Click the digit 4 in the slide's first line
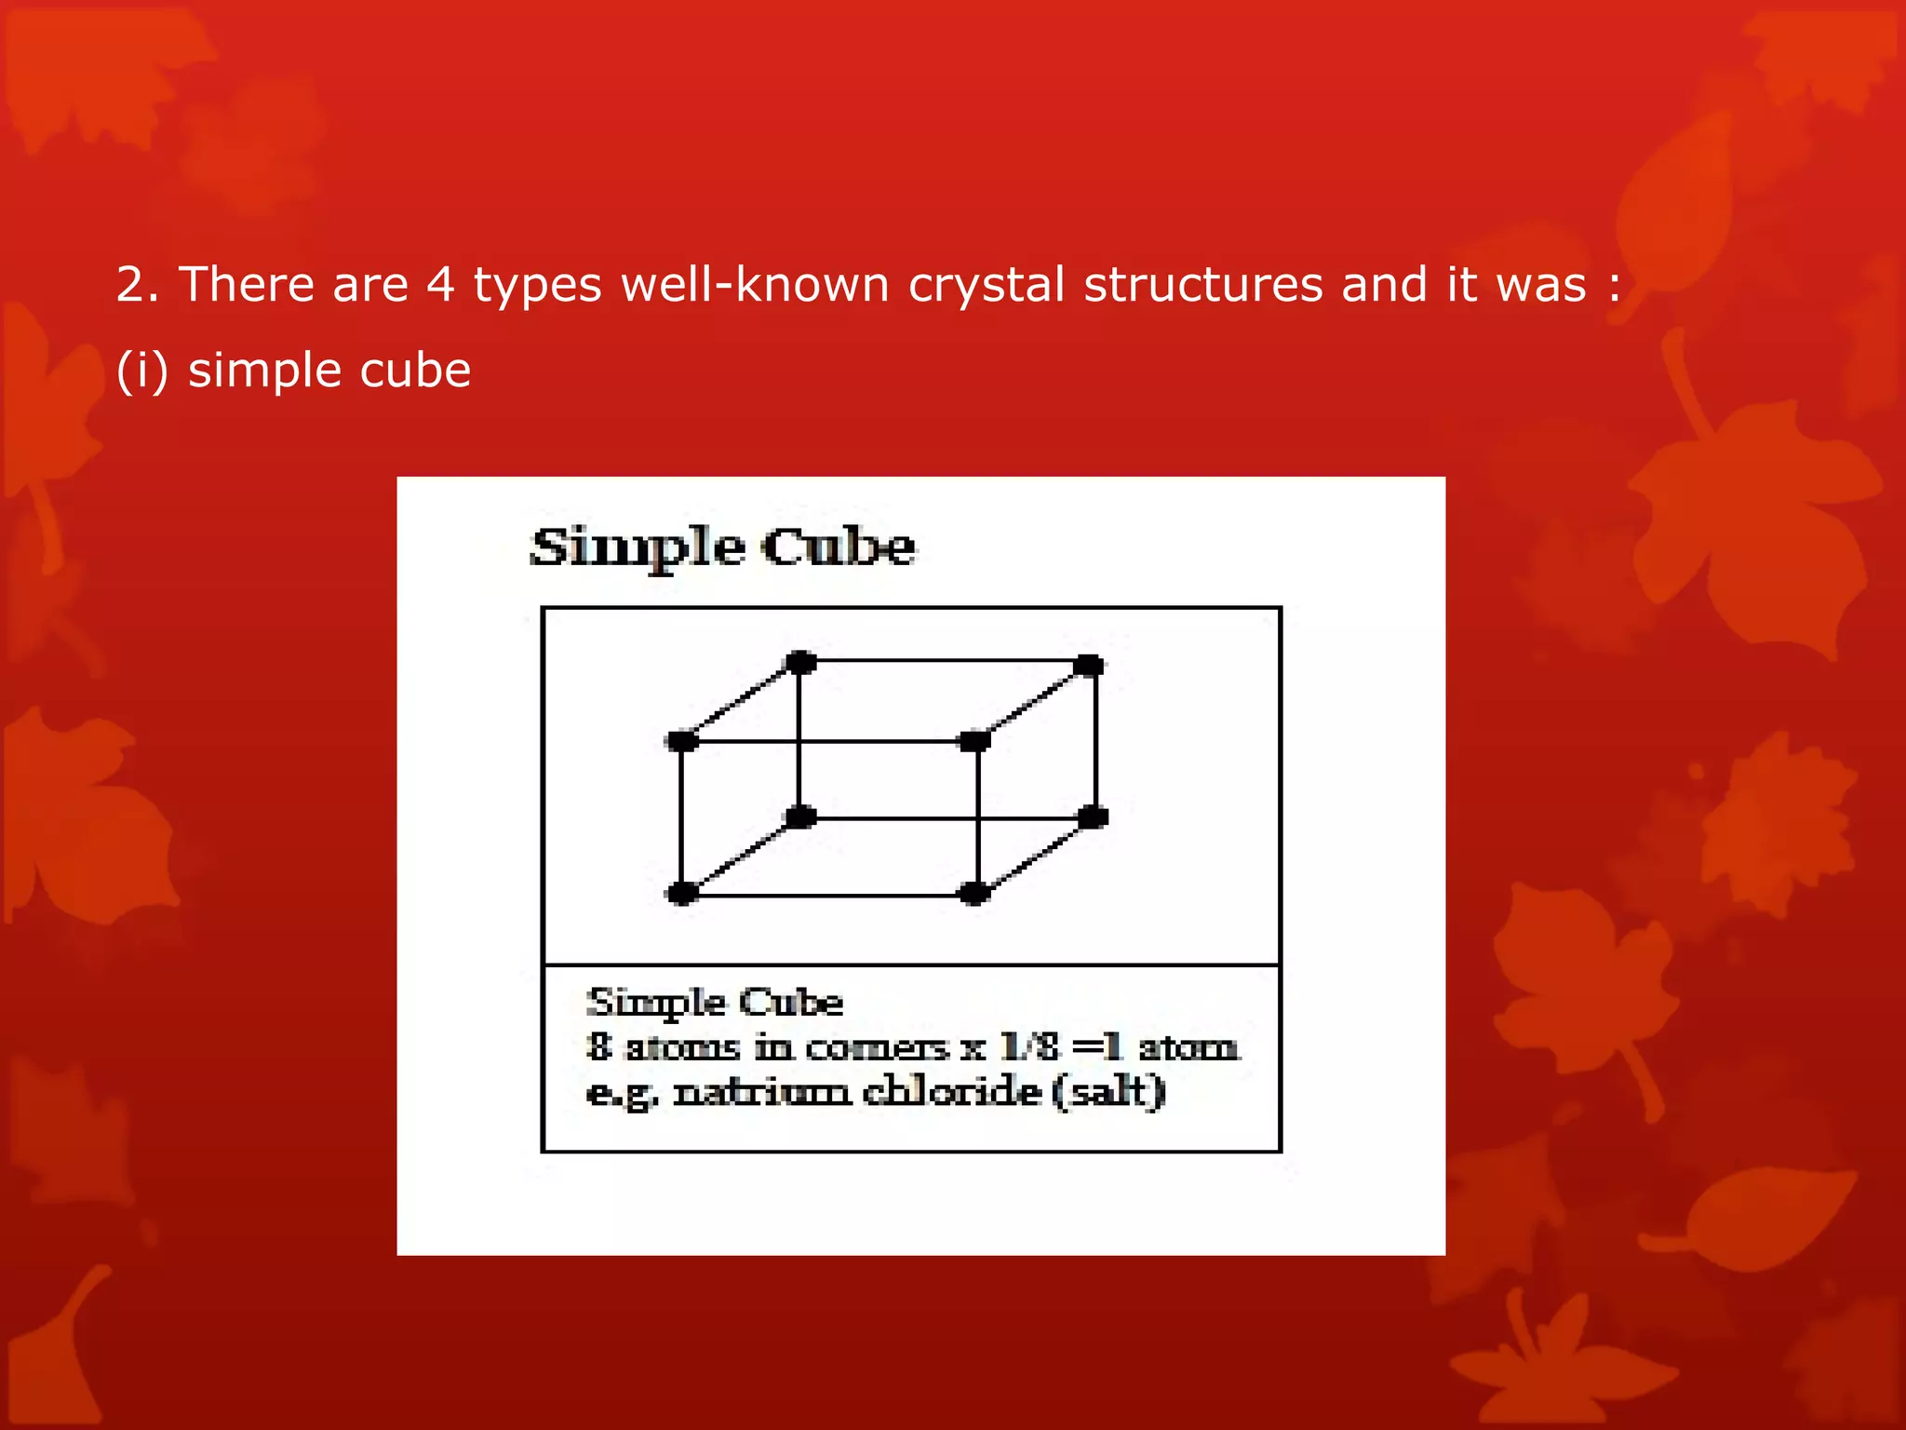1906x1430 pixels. click(440, 285)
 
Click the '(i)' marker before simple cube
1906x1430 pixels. click(142, 371)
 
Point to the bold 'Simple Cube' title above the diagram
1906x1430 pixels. click(722, 546)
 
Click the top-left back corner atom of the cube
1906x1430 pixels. click(800, 663)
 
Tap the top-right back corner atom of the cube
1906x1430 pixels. click(1089, 665)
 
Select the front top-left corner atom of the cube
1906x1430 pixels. click(682, 741)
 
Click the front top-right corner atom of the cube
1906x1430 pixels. click(973, 741)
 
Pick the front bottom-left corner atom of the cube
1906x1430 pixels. click(682, 894)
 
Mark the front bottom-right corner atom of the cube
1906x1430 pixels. click(973, 894)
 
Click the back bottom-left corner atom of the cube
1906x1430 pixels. click(800, 817)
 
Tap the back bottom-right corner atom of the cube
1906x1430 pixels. click(1093, 817)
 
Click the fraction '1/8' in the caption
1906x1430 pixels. click(1029, 1047)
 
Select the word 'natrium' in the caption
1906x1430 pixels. click(761, 1091)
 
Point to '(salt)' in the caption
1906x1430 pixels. click(1107, 1091)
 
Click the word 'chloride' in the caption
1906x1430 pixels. click(951, 1091)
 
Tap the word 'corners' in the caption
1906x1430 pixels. click(876, 1048)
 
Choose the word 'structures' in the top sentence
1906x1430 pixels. click(1202, 285)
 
